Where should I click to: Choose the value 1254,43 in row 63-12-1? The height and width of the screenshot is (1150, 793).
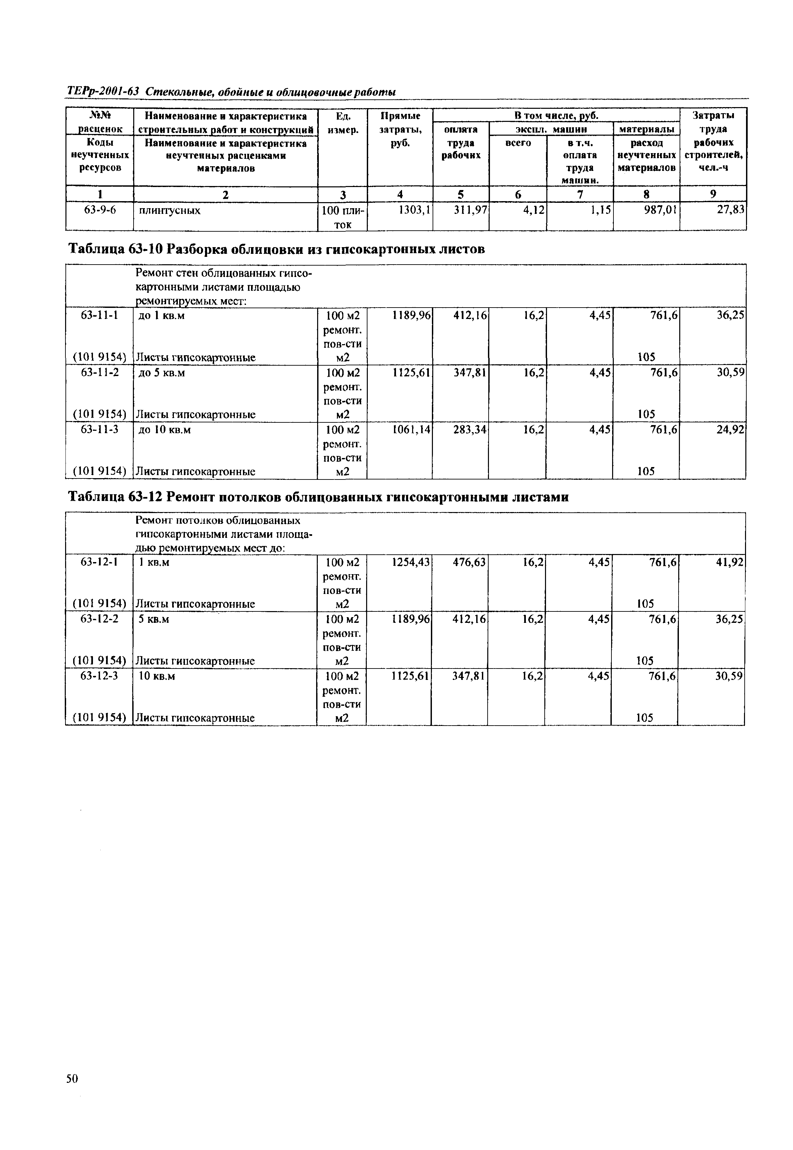tap(410, 562)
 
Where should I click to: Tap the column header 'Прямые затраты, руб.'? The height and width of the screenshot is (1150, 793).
tap(400, 129)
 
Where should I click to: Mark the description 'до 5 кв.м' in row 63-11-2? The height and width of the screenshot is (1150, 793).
tap(161, 373)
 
